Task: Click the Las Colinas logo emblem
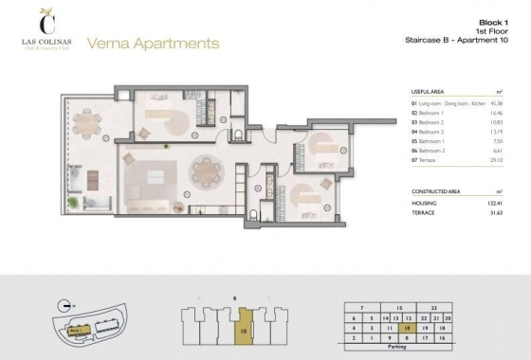tap(44, 18)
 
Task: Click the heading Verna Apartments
tap(153, 43)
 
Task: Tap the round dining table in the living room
tap(205, 171)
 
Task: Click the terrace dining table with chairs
tap(87, 122)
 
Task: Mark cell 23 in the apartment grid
tap(433, 307)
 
